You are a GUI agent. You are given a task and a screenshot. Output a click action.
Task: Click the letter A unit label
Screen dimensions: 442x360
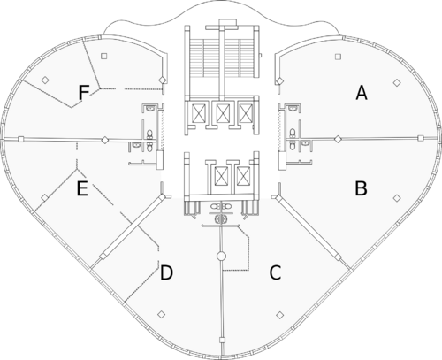coord(362,92)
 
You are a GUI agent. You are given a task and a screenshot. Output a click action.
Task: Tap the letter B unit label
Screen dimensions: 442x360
coord(361,188)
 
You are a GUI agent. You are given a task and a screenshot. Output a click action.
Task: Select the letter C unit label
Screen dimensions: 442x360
coord(275,272)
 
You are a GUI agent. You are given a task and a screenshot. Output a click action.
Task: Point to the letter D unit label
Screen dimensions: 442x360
coord(166,272)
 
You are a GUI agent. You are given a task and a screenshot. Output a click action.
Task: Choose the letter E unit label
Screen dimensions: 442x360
coord(82,188)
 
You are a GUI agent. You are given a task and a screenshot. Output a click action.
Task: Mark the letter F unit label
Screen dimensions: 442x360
coord(84,92)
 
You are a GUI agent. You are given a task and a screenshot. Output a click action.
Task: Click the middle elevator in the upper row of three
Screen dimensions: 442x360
coord(221,113)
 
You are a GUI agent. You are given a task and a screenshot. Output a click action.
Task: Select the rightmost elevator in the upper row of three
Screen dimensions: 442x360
coord(245,113)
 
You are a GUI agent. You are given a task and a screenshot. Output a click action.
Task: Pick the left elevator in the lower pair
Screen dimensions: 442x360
coord(221,176)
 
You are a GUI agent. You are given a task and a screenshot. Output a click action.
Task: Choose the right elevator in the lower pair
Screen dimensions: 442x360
coord(242,176)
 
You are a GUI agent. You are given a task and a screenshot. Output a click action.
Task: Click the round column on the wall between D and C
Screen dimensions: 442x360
coord(221,256)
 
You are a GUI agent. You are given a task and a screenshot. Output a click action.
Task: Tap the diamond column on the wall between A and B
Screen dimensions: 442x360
coord(338,139)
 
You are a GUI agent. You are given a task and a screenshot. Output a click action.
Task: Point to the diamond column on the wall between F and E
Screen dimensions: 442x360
coord(104,140)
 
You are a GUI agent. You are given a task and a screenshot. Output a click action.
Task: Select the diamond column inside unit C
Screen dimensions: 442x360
coord(280,315)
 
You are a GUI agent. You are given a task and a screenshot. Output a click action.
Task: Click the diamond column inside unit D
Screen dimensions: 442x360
coord(161,315)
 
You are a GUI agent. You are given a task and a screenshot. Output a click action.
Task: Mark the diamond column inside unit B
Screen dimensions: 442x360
coord(397,198)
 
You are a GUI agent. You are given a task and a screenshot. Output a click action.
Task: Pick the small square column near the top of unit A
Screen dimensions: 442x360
coord(338,57)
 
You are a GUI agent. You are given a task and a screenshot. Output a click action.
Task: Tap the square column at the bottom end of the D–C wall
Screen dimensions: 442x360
coord(222,341)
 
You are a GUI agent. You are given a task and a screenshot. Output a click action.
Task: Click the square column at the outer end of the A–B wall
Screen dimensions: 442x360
coord(421,138)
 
